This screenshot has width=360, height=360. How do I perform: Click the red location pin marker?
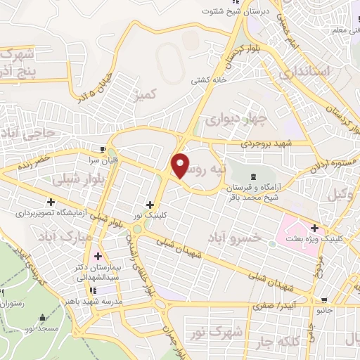tap(181, 165)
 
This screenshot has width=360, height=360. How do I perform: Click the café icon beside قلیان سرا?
tap(103, 150)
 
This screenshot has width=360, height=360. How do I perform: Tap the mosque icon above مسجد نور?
tap(41, 317)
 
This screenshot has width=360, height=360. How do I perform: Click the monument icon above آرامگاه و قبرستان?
tap(252, 174)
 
